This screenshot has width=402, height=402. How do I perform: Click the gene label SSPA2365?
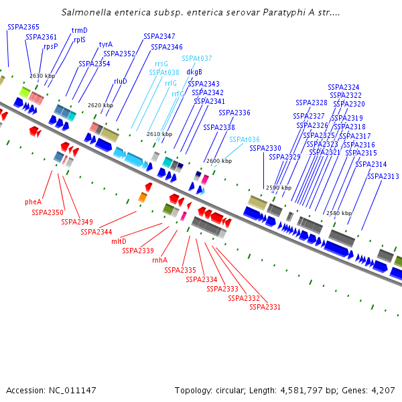pos(23,26)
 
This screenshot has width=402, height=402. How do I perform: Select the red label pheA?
pos(33,201)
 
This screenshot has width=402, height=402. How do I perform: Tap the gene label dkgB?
pos(194,72)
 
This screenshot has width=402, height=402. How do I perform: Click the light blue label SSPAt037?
pos(197,58)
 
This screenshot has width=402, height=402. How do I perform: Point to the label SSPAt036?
pos(245,139)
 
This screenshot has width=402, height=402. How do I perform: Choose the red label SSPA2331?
pos(265,307)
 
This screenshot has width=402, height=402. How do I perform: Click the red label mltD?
pos(119,241)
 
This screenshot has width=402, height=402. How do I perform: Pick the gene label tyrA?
pos(106,45)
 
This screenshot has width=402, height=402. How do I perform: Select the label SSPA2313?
pos(383,176)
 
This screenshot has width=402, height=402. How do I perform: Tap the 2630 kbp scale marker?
pos(42,76)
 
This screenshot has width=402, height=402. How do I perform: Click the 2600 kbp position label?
pos(218,161)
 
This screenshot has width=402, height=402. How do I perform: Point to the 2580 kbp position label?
pos(338,213)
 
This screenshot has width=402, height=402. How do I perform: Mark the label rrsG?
pos(161,63)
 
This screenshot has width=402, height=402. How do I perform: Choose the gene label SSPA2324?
pos(343,87)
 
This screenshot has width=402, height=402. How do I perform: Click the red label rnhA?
pos(159,260)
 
